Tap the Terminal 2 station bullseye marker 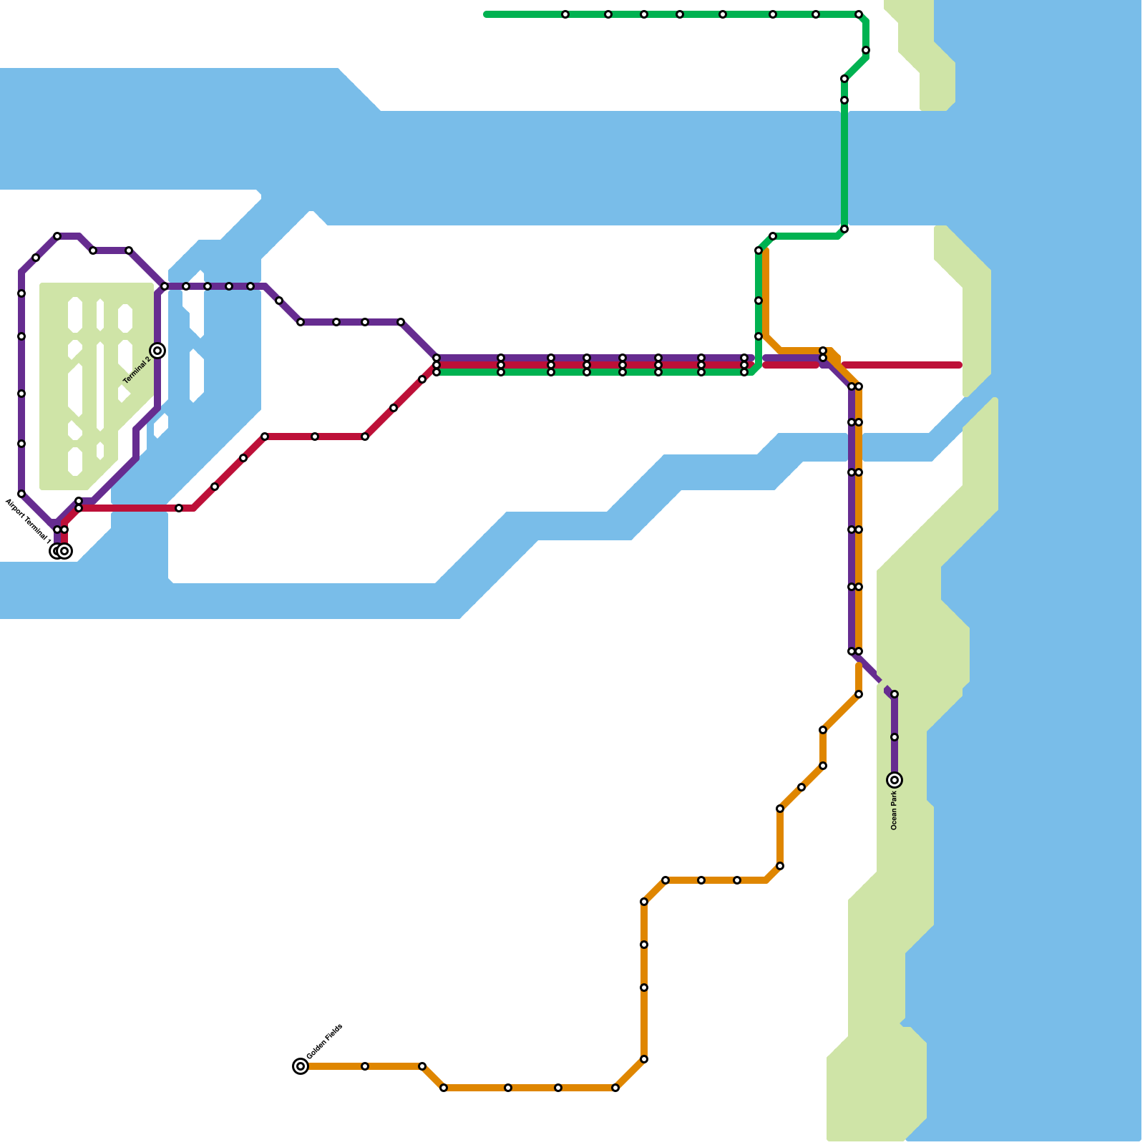[157, 351]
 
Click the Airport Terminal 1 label [28, 522]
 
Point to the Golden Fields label [325, 1042]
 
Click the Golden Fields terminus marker [301, 1066]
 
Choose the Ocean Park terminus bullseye [895, 780]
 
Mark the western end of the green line [487, 14]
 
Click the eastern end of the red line [959, 365]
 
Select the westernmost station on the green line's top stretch [565, 14]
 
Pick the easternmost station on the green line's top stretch [859, 14]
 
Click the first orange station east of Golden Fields [365, 1066]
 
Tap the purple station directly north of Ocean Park [895, 737]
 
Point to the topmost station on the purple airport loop [57, 236]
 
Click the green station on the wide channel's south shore [844, 229]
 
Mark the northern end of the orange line [766, 250]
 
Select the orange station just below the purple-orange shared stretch [859, 694]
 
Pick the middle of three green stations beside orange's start [759, 301]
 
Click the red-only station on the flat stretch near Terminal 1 [179, 508]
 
